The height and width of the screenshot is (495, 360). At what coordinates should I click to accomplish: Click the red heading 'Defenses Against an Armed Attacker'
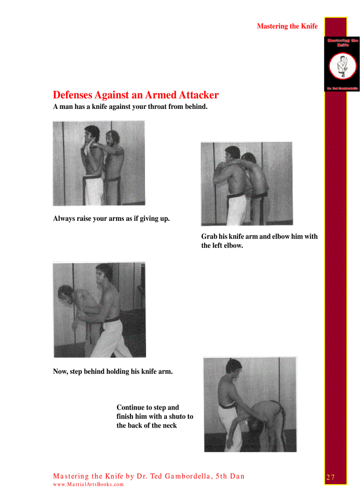click(135, 95)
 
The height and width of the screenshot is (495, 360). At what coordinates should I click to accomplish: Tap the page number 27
click(330, 477)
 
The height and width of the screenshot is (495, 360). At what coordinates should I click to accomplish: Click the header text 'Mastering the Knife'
click(287, 26)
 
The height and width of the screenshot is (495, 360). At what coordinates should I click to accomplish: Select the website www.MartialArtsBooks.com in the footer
click(88, 484)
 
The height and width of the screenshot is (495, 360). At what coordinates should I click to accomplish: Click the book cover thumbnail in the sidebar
click(342, 64)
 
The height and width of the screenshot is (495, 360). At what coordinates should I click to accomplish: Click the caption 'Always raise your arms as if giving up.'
click(111, 218)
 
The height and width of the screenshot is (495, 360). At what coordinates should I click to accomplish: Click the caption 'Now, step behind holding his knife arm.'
click(112, 371)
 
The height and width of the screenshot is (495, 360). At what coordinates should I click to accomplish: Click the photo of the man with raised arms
click(98, 163)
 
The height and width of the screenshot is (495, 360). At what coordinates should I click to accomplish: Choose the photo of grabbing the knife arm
click(247, 184)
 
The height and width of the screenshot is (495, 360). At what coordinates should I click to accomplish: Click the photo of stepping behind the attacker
click(99, 309)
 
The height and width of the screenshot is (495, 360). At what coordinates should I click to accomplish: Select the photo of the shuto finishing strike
click(250, 404)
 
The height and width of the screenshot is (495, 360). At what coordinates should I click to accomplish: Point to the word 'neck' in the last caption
click(169, 425)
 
